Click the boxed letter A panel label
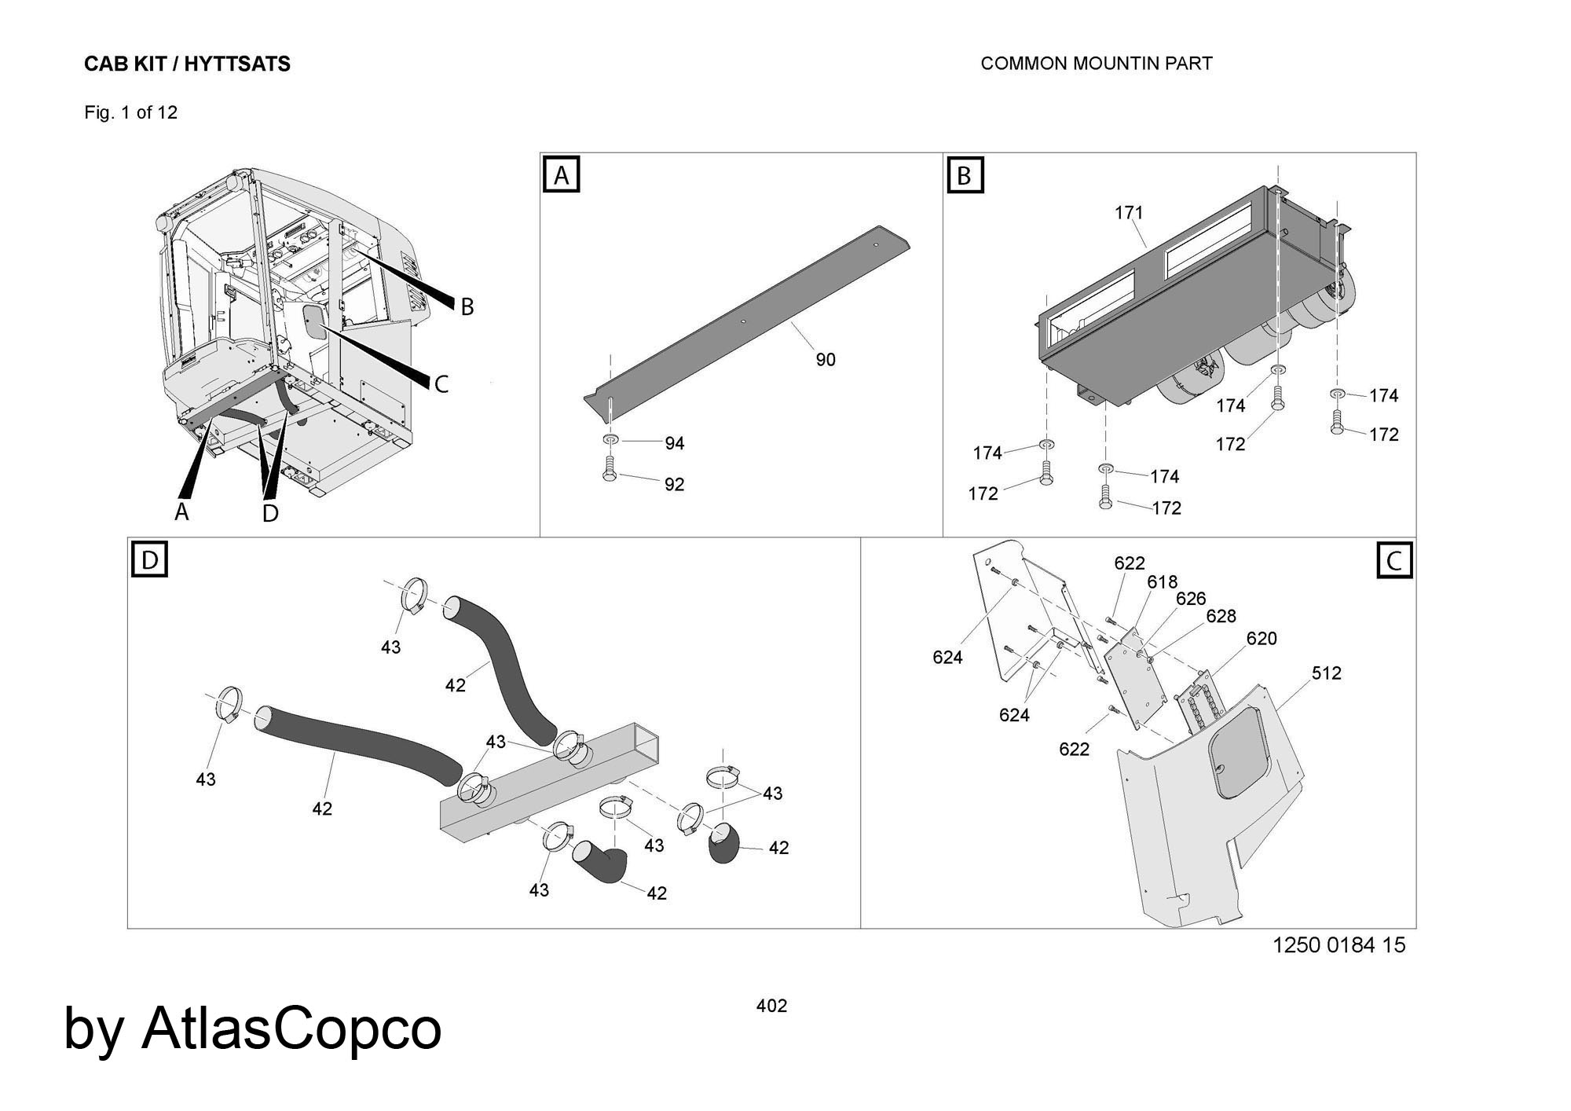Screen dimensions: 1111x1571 click(x=561, y=175)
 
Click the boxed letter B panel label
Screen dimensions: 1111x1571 click(x=964, y=175)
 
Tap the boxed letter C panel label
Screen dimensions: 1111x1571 click(x=1394, y=561)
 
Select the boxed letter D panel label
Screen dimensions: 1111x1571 click(x=149, y=559)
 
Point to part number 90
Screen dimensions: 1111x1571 click(x=826, y=360)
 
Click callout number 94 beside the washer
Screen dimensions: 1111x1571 click(x=674, y=444)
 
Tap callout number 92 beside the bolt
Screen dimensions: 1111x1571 click(x=674, y=485)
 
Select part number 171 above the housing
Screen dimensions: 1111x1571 click(x=1129, y=213)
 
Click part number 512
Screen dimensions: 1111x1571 click(x=1326, y=673)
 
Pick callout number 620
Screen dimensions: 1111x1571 click(x=1262, y=639)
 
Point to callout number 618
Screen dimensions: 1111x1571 click(x=1162, y=582)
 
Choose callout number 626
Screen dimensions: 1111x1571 click(x=1190, y=599)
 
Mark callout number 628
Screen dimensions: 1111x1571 click(x=1221, y=617)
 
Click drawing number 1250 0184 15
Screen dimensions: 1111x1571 click(x=1338, y=944)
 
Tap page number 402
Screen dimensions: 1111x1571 click(x=771, y=1006)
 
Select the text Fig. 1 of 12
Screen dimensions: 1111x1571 click(x=131, y=113)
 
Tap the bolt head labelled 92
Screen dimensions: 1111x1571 click(x=609, y=476)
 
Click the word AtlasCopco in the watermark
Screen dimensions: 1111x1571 click(x=291, y=1028)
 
